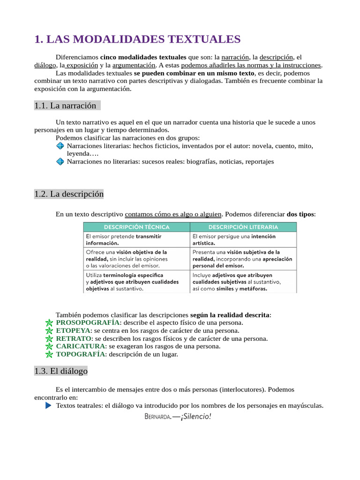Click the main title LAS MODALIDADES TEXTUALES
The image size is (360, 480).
137,39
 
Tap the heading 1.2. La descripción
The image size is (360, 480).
69,194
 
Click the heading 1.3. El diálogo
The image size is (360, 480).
61,371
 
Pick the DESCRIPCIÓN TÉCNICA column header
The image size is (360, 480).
136,227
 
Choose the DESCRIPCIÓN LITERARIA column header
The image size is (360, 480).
243,227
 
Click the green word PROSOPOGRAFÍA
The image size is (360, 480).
88,322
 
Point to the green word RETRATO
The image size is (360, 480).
74,338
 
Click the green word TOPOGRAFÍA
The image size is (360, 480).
81,354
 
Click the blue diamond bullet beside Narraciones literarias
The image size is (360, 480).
60,146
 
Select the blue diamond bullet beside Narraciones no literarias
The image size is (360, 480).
60,161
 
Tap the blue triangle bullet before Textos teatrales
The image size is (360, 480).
48,405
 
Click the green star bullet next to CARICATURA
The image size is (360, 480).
49,346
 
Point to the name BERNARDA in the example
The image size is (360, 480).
157,417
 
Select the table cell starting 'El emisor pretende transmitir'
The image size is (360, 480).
136,240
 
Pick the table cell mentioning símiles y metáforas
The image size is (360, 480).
243,282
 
